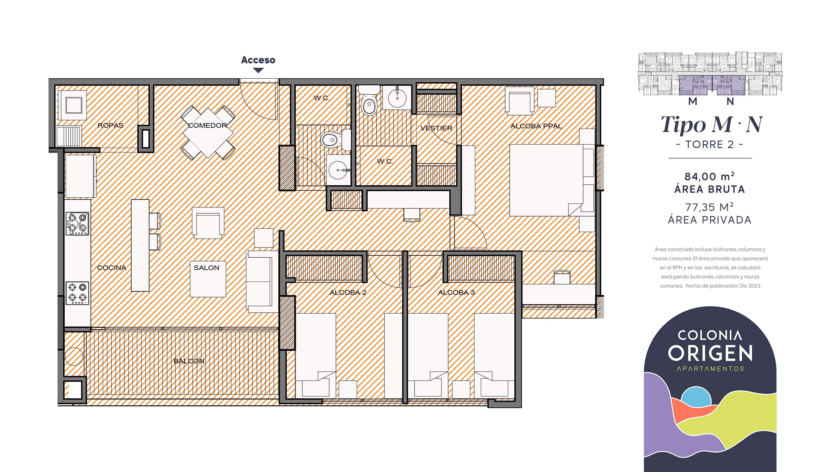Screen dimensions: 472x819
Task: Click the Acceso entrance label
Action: (x=258, y=60)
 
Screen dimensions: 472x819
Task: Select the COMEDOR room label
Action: (x=207, y=125)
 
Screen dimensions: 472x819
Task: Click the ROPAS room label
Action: (x=111, y=125)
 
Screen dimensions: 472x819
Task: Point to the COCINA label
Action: (x=112, y=268)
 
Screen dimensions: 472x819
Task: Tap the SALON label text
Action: (x=206, y=268)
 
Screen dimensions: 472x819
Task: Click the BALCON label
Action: (x=189, y=361)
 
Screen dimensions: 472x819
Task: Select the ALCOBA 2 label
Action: (x=348, y=292)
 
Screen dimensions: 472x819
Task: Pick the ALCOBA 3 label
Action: (x=456, y=292)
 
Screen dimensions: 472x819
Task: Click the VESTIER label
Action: (x=436, y=128)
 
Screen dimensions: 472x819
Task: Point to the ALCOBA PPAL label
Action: (x=536, y=126)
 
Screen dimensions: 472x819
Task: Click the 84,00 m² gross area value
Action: (x=709, y=177)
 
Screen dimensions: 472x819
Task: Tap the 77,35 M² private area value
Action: (x=709, y=207)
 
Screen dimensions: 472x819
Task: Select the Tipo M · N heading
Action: (x=711, y=125)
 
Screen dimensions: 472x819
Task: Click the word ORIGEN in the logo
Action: (x=710, y=353)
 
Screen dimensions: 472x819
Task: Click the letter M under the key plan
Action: (x=693, y=101)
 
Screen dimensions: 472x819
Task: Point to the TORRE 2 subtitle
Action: (x=710, y=144)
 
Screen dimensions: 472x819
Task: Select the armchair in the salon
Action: (x=208, y=223)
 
